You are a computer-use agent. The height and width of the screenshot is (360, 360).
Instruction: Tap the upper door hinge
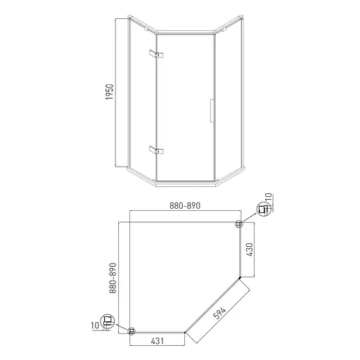pos(155,55)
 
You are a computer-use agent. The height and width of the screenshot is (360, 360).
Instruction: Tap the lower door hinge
pos(155,149)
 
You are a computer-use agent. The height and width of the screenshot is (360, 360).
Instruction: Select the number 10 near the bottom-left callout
pos(95,326)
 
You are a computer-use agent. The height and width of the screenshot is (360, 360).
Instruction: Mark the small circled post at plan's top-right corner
pos(238,224)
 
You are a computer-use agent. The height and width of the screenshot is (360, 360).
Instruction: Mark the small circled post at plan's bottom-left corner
pos(131,330)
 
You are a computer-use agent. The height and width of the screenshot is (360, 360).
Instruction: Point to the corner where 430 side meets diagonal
pos(239,277)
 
